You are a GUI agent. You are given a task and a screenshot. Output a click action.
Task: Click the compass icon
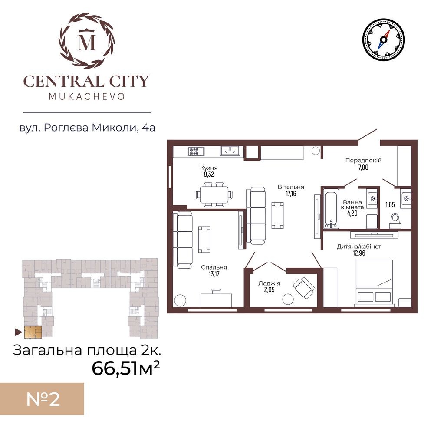(383, 39)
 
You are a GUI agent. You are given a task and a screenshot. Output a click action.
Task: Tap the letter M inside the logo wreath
(87, 42)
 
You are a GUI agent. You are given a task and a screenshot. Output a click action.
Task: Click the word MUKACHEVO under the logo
(87, 96)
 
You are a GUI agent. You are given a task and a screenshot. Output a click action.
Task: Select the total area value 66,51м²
(125, 368)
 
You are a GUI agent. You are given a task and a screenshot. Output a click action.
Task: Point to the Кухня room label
(209, 168)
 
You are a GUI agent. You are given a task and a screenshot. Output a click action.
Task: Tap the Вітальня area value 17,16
(291, 194)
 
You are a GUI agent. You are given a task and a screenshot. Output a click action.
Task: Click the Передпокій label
(363, 160)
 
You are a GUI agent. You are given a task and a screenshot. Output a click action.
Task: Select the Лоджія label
(269, 283)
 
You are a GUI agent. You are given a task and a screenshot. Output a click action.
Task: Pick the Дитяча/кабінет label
(359, 247)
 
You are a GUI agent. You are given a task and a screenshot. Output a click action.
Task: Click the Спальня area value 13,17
(214, 274)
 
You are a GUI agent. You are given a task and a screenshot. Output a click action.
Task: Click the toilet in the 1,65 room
(395, 221)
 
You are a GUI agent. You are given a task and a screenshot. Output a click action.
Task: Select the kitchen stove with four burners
(196, 151)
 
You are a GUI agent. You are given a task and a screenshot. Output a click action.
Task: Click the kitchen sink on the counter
(230, 151)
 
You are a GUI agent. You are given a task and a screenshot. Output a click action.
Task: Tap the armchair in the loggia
(304, 288)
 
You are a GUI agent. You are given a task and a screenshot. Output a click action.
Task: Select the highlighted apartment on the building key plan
(33, 332)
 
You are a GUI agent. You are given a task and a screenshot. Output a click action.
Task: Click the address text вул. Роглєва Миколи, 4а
(87, 128)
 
